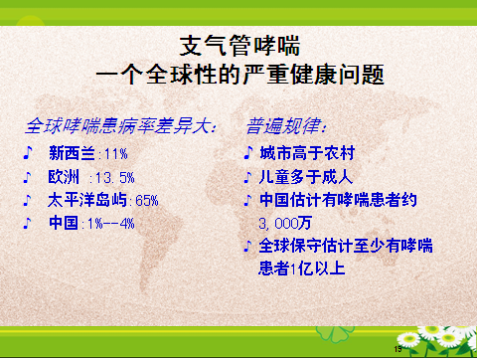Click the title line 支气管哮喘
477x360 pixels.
238,45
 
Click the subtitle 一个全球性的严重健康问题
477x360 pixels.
238,75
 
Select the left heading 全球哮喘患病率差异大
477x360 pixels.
120,127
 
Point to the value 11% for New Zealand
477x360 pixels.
116,154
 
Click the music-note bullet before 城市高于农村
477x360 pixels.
248,154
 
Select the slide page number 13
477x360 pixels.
397,350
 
